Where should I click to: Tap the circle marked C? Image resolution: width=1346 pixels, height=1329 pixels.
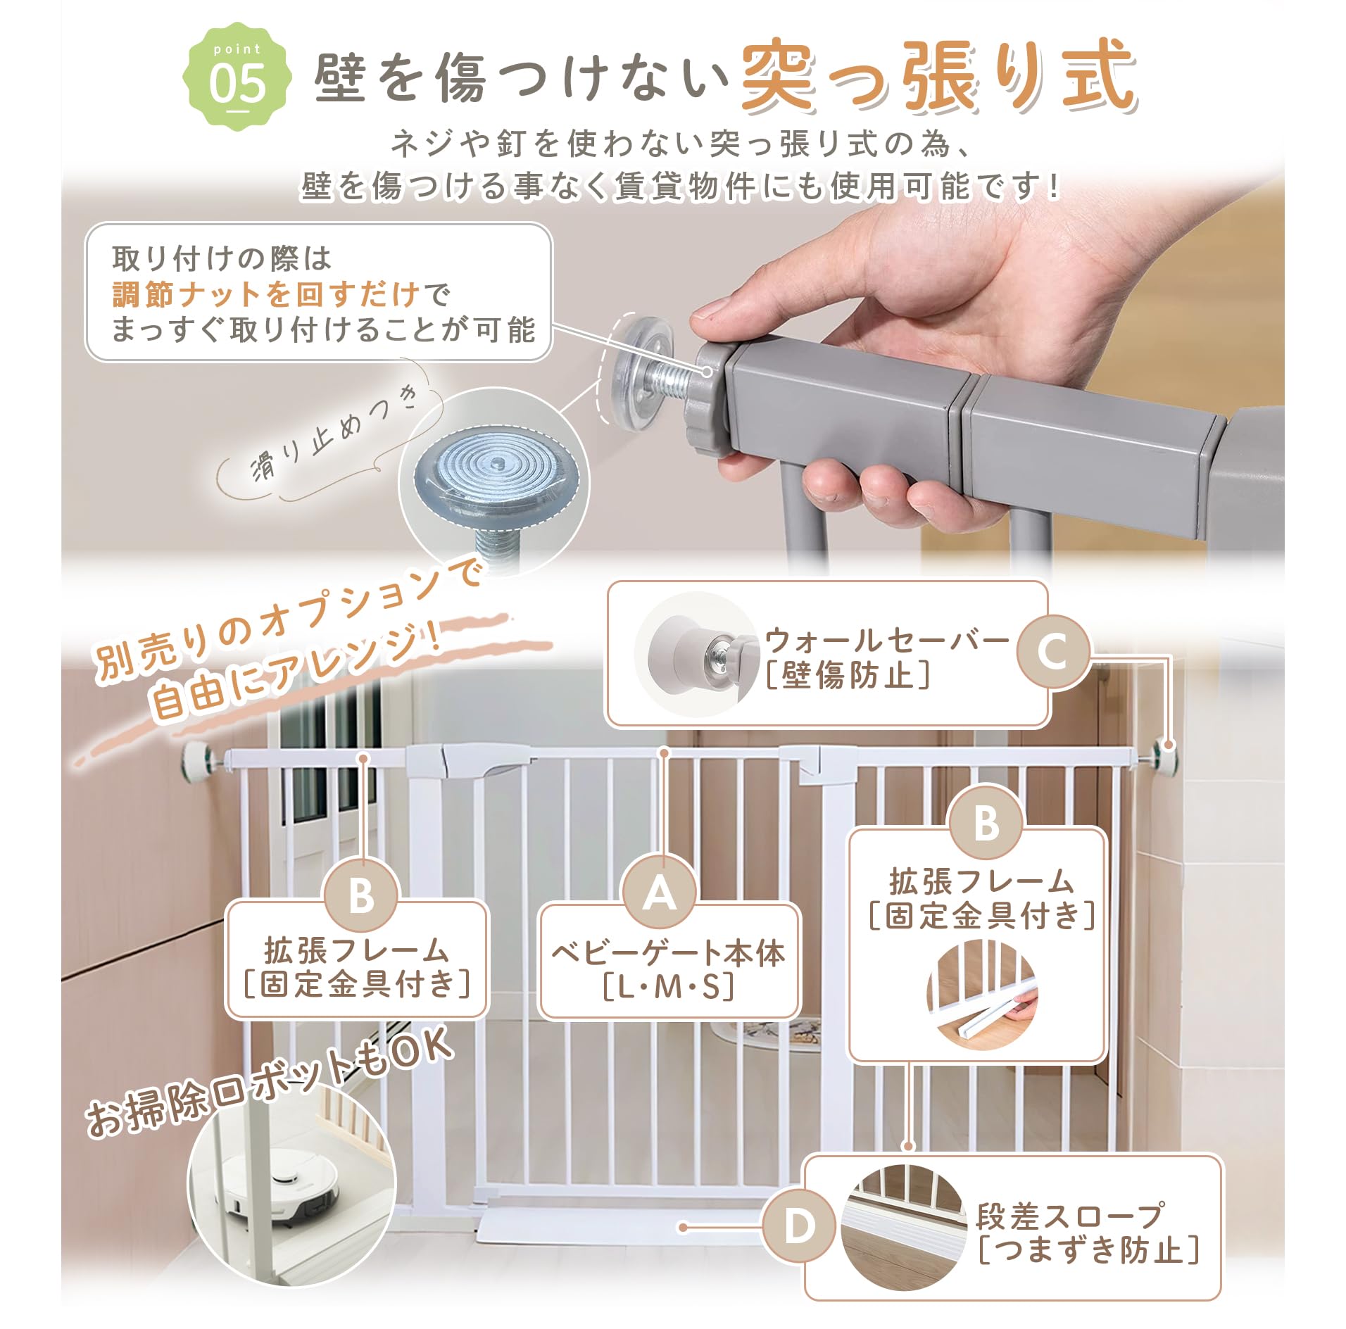pyautogui.click(x=1052, y=651)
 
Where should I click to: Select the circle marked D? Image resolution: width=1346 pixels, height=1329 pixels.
pyautogui.click(x=799, y=1226)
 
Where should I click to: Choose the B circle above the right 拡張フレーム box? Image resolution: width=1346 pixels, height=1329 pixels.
pyautogui.click(x=985, y=821)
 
